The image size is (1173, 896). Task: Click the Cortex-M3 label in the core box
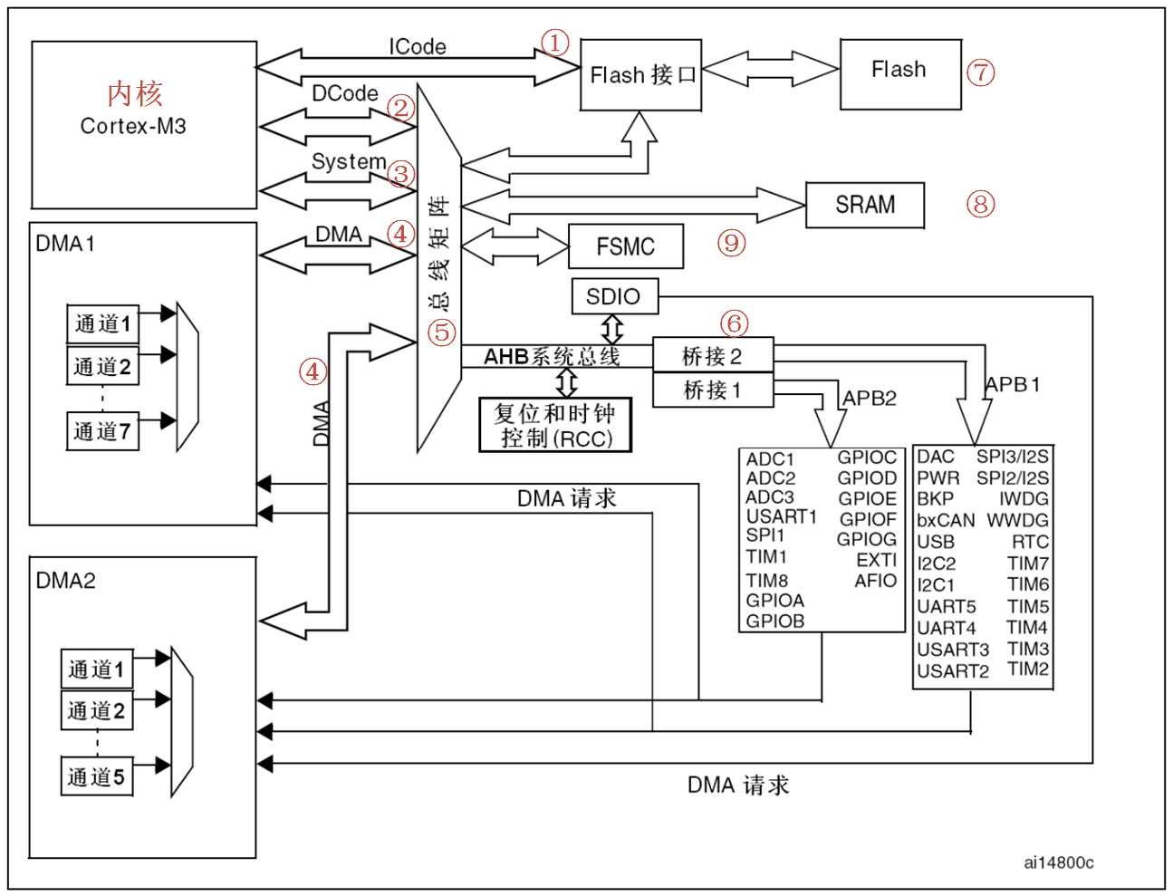(x=133, y=126)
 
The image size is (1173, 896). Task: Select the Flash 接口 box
(x=641, y=75)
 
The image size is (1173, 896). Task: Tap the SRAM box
(x=865, y=206)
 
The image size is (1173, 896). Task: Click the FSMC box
(x=625, y=246)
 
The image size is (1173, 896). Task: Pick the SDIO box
(x=614, y=296)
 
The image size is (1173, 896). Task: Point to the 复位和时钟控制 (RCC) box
(x=555, y=425)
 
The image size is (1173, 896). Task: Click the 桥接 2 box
(x=713, y=355)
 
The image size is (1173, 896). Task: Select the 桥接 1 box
(x=713, y=390)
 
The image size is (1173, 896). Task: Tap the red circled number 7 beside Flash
(x=980, y=72)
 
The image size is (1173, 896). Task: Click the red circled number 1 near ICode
(x=555, y=43)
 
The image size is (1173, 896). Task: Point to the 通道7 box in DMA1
(x=102, y=431)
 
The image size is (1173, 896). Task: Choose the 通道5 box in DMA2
(x=96, y=777)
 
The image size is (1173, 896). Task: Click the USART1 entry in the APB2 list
(x=781, y=516)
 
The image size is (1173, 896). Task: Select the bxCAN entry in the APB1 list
(x=946, y=520)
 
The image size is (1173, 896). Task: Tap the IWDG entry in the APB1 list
(x=1024, y=498)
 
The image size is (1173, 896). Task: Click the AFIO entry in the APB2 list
(x=875, y=581)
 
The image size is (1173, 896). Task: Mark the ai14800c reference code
(x=1058, y=862)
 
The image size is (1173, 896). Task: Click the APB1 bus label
(x=1012, y=384)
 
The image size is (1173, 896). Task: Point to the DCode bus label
(x=344, y=93)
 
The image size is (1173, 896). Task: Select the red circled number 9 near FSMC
(x=732, y=243)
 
